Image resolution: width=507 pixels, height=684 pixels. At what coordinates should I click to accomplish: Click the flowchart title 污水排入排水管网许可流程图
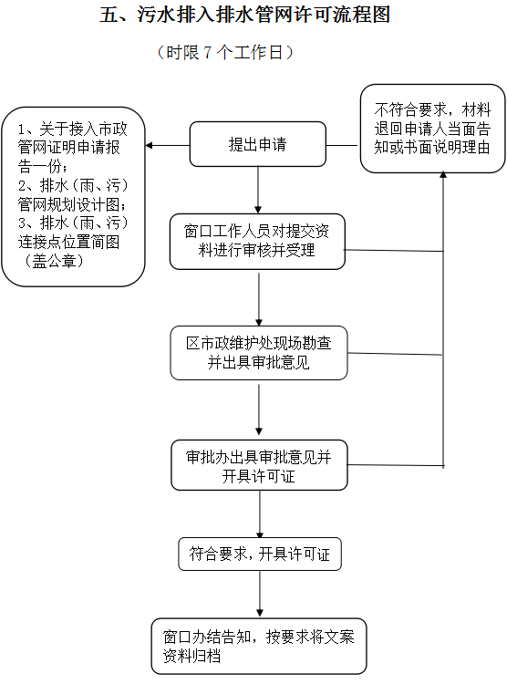coord(264,15)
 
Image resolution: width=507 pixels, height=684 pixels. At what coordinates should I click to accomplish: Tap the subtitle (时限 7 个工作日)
coord(224,52)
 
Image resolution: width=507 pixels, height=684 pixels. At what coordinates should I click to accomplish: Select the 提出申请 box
coord(258,144)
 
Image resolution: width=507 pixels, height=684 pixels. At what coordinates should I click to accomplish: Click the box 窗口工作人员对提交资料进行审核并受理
coord(257,242)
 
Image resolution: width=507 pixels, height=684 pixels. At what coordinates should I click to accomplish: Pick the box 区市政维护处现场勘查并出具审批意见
coord(259,353)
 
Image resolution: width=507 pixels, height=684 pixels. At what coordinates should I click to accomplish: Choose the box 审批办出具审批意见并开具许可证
coord(259,465)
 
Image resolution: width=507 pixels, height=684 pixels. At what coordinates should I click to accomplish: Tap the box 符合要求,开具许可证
coord(260,554)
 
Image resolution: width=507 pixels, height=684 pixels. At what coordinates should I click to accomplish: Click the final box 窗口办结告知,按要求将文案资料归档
coord(259,646)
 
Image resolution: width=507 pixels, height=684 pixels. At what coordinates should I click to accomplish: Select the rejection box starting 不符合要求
coord(432,129)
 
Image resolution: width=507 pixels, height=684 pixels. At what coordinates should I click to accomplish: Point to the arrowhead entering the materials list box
coord(149,145)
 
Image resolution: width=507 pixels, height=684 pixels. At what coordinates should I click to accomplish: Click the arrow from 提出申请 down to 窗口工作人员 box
coord(258,190)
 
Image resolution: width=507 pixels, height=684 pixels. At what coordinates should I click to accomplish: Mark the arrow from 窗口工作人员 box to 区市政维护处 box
coord(259,299)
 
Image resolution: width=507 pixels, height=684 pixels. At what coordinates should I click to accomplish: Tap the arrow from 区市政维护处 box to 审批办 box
coord(259,409)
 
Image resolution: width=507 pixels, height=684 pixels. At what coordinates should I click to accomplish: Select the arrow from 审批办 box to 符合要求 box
coord(260,514)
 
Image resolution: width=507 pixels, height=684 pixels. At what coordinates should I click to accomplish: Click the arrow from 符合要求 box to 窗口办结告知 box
coord(260,594)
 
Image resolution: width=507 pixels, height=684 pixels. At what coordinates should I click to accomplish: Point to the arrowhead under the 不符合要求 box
coord(443,175)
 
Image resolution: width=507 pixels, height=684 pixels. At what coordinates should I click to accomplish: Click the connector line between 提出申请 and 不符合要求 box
coord(343,145)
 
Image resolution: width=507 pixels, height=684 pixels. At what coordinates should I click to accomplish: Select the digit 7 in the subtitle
coord(208,53)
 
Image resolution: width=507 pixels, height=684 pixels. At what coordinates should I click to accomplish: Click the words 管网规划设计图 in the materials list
coord(68,204)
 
